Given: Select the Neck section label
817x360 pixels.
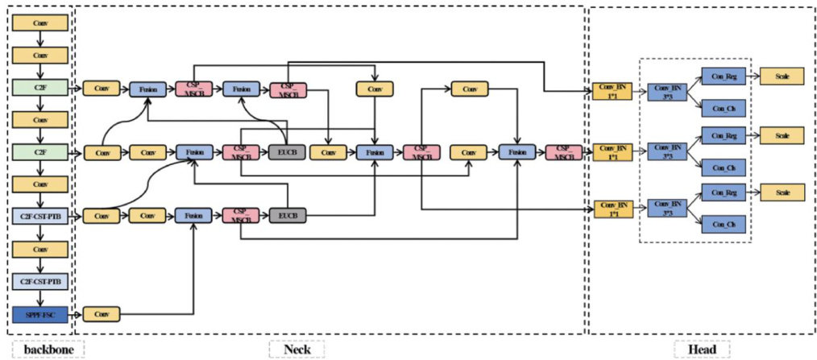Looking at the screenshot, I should click(x=296, y=349).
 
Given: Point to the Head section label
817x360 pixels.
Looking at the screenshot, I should click(x=701, y=349).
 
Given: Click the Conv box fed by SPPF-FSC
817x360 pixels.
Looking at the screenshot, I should click(x=102, y=313).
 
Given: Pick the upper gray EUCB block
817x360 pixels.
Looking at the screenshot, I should click(x=287, y=151).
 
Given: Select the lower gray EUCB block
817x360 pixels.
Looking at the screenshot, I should click(x=287, y=216).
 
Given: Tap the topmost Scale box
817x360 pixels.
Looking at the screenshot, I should click(x=782, y=76).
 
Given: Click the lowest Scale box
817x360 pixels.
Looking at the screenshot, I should click(x=782, y=192).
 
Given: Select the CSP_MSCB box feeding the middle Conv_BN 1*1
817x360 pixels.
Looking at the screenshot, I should click(x=562, y=151).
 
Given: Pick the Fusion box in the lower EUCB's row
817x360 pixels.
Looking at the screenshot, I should click(x=194, y=216).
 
